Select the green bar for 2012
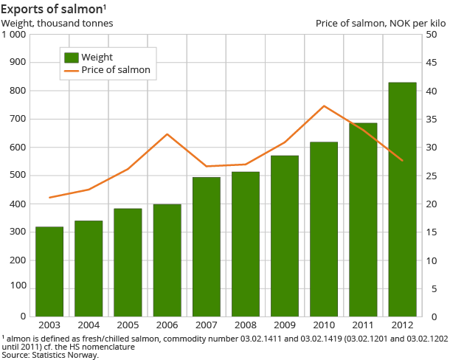[402, 199]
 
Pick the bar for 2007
[207, 246]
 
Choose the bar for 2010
[324, 229]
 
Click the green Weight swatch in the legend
[72, 57]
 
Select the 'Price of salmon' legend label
[116, 70]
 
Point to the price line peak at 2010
[324, 106]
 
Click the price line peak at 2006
[167, 134]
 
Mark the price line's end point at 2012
[402, 160]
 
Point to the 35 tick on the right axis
[437, 120]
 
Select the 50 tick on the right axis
[437, 35]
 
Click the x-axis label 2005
[128, 325]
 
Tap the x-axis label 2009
[285, 325]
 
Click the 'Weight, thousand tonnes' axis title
[58, 23]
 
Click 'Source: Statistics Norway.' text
[50, 354]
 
